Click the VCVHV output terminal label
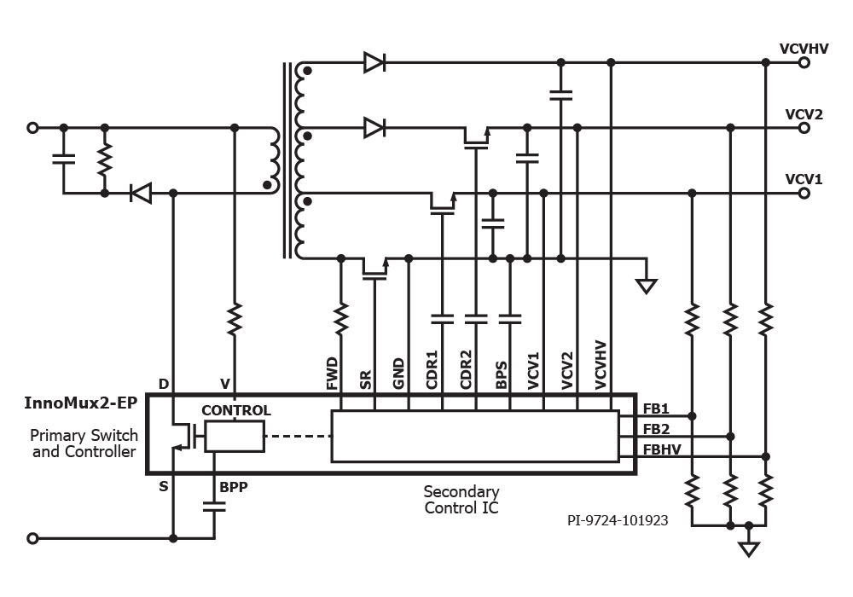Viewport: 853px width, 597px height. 804,49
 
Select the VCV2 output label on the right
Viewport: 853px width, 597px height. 804,114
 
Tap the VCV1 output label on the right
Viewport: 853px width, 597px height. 804,180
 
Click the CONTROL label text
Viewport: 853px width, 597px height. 236,410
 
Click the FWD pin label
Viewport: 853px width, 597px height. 332,374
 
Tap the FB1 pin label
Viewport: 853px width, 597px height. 656,408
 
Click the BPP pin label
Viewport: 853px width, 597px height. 234,489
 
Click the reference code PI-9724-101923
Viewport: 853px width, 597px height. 618,520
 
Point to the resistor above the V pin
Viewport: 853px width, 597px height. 235,321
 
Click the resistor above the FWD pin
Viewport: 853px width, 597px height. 341,319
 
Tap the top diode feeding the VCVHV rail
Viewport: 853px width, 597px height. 374,62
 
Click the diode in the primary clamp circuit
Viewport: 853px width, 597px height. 140,194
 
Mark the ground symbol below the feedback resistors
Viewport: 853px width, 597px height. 749,548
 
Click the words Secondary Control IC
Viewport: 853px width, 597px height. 461,500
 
